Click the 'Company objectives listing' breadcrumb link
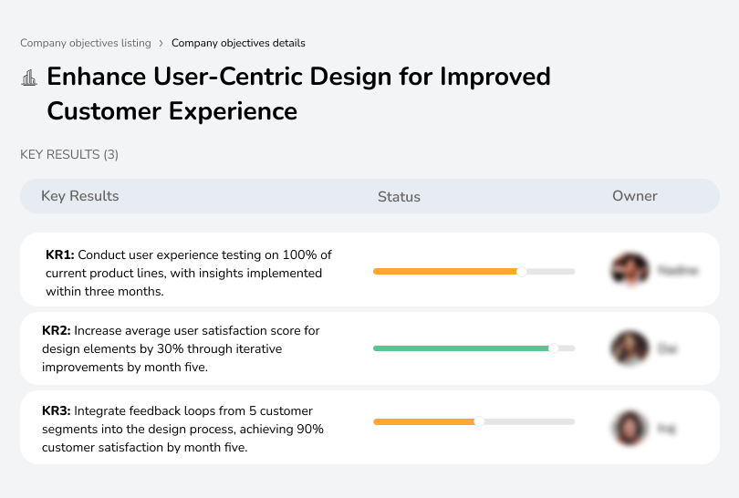point(86,43)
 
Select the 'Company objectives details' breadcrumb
point(238,43)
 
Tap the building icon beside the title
point(29,78)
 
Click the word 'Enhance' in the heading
point(98,77)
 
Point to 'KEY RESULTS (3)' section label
point(69,155)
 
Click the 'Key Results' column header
point(80,196)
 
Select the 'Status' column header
point(399,196)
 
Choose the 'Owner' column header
point(635,196)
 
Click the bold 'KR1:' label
point(60,255)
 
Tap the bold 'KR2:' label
point(57,331)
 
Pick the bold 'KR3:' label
point(57,411)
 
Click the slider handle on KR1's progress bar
point(522,271)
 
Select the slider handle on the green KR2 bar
point(553,348)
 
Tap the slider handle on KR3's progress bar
point(479,421)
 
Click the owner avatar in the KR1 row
point(630,270)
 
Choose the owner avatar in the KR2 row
point(630,348)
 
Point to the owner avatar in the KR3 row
point(630,428)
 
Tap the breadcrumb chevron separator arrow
point(161,43)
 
